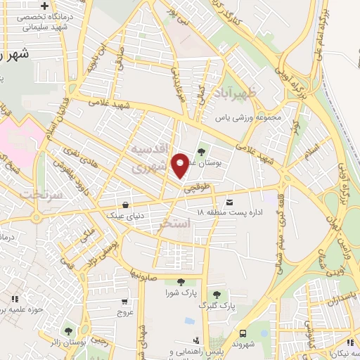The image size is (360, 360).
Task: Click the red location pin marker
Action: coord(181,166)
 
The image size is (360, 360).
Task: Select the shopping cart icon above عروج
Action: coord(124,300)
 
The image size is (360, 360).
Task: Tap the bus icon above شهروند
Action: coord(242,333)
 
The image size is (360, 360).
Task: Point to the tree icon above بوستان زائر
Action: coord(68,330)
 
